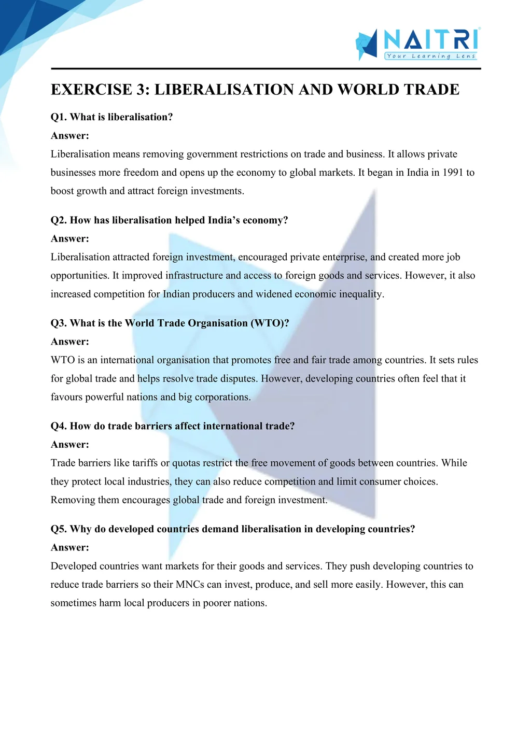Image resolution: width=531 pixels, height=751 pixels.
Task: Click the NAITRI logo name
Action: point(431,39)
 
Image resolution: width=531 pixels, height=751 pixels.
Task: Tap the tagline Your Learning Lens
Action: point(431,56)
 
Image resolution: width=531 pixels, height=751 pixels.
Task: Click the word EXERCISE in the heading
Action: point(91,90)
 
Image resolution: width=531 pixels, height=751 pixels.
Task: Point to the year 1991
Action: point(453,173)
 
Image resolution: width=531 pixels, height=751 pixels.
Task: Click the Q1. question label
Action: point(59,117)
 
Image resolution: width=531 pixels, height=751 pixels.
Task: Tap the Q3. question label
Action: point(59,323)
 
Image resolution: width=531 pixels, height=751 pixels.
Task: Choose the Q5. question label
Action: point(59,529)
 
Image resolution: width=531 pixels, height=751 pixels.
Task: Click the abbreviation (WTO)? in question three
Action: point(270,323)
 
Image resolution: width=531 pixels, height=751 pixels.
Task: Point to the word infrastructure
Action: point(194,276)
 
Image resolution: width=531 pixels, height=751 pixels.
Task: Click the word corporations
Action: point(222,398)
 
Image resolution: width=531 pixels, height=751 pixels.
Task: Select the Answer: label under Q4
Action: point(70,445)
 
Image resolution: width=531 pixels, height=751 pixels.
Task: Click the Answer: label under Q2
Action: point(70,239)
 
